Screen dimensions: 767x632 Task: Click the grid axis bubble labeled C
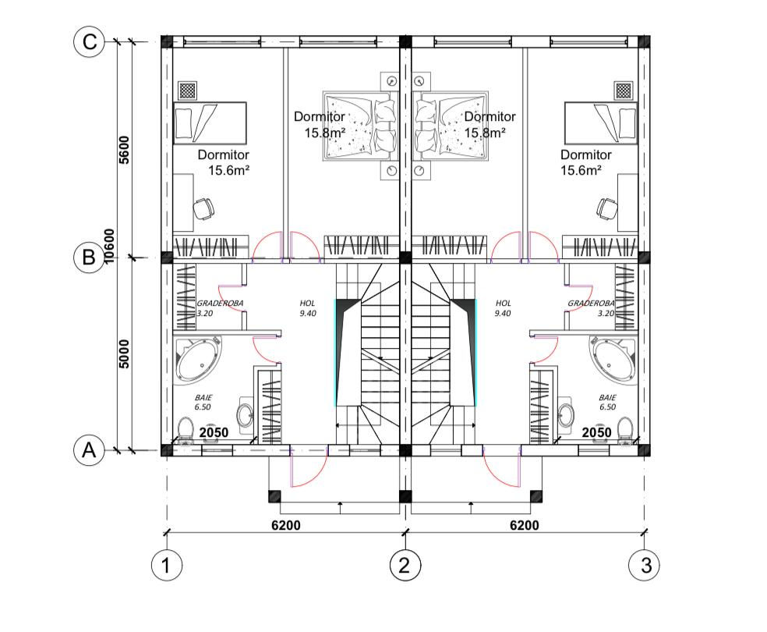click(89, 41)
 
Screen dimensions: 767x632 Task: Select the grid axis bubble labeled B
click(89, 257)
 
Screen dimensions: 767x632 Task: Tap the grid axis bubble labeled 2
click(405, 566)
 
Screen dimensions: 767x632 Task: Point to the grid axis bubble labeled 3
click(644, 566)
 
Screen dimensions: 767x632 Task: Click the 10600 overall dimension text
click(109, 246)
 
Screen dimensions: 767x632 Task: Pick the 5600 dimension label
click(124, 150)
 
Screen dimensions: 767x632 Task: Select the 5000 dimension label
click(124, 354)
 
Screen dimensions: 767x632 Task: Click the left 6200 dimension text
click(286, 525)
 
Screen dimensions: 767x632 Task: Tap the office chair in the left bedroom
click(203, 208)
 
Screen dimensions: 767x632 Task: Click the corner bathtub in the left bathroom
click(198, 359)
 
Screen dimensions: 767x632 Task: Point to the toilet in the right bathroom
click(624, 430)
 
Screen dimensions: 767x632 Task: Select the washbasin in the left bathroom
click(245, 414)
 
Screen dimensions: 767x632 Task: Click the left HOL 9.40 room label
click(308, 308)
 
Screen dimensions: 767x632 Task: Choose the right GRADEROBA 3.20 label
click(591, 308)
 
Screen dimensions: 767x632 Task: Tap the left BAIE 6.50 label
click(203, 403)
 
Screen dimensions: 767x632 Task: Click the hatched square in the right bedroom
click(624, 90)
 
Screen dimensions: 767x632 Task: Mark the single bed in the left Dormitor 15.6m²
click(210, 122)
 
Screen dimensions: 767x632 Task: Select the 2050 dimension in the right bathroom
click(597, 432)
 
